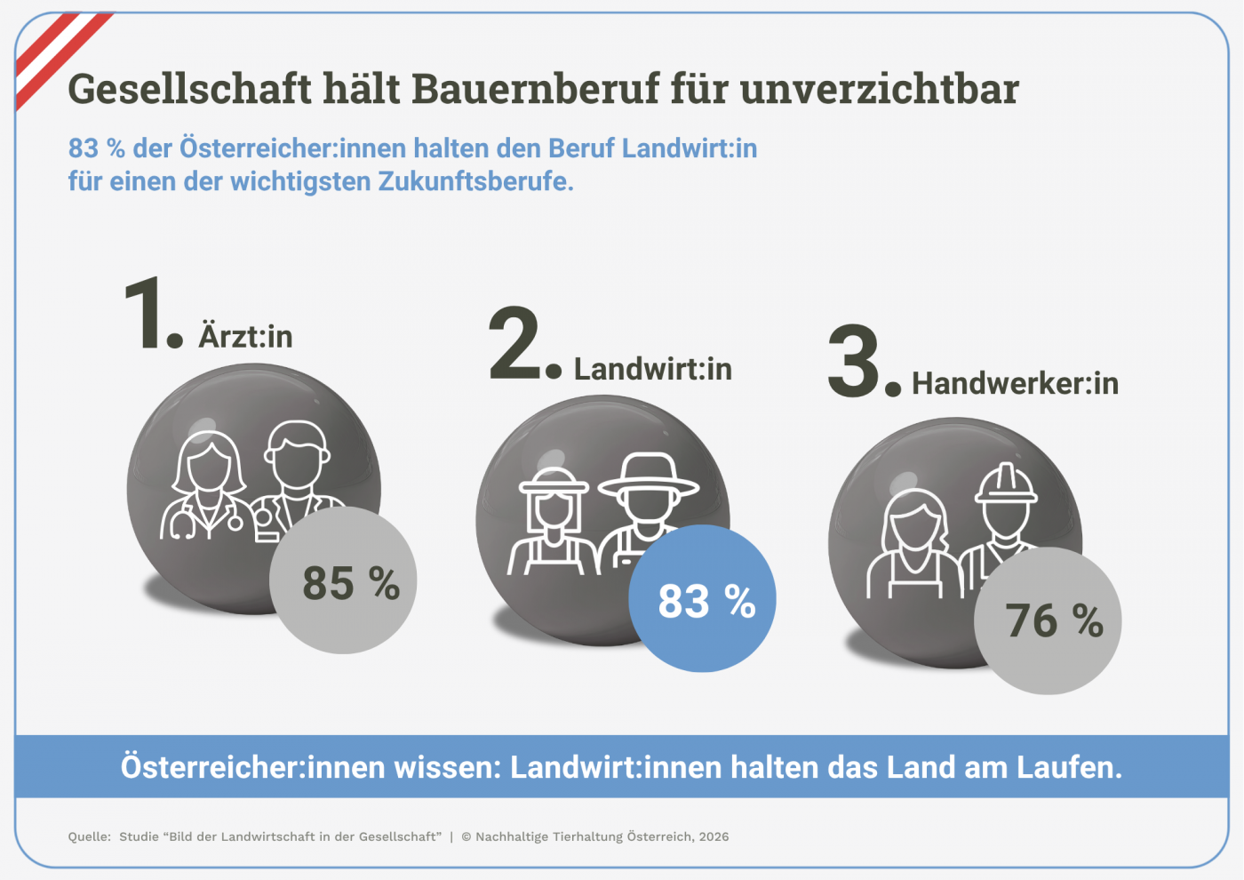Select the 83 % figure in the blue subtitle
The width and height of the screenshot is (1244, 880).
(96, 148)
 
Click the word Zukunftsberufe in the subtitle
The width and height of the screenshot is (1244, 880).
(474, 181)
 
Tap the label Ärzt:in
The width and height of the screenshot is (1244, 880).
(245, 337)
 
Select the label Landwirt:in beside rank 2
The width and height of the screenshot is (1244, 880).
(652, 369)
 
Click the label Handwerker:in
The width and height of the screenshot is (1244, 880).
(1015, 384)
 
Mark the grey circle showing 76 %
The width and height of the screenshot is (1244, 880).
(1049, 620)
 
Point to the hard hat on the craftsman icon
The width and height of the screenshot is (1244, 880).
(1006, 484)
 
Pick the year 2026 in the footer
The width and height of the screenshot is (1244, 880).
(714, 836)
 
